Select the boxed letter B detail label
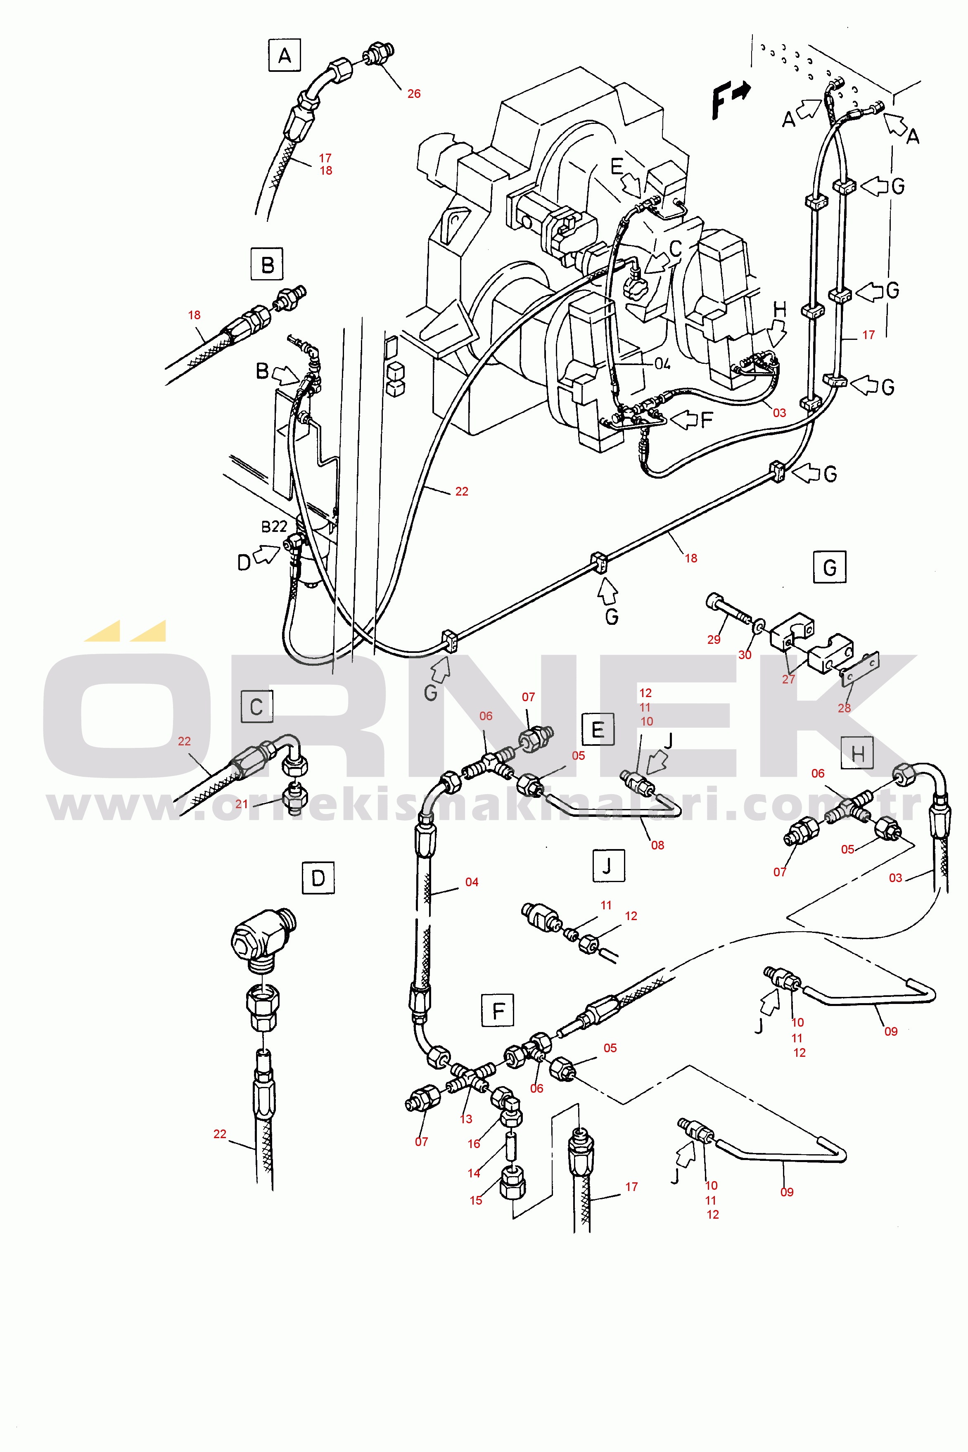coord(267,264)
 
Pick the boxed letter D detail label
coord(318,878)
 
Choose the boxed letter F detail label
coord(498,1011)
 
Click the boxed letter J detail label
coord(608,866)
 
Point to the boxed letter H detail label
coord(857,753)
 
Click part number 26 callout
coord(414,94)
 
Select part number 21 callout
coord(242,804)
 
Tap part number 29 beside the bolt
coord(714,640)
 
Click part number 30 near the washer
coord(745,655)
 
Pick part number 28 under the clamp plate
coord(844,708)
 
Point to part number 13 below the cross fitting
coord(466,1119)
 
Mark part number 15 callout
coord(476,1200)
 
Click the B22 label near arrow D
coord(274,527)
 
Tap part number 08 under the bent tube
coord(657,845)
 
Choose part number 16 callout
coord(474,1144)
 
